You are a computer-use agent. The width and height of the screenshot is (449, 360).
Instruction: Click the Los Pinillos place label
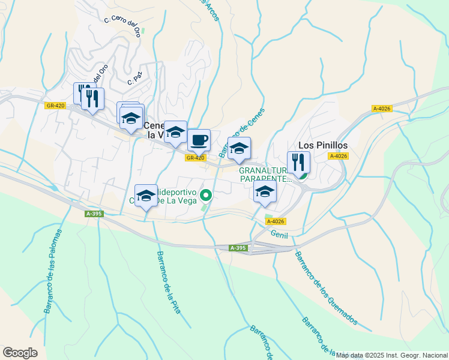323,145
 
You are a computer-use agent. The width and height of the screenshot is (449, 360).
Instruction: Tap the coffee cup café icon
199,140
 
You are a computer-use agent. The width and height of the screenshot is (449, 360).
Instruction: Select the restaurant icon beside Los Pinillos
298,162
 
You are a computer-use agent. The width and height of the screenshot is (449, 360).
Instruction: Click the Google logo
20,353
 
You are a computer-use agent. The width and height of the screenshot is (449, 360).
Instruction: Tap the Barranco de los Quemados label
325,286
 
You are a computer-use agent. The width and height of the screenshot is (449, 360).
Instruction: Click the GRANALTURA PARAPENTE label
265,174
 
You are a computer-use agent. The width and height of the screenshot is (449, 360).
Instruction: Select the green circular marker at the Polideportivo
206,194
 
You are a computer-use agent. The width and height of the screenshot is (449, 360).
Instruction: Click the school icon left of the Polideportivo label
146,196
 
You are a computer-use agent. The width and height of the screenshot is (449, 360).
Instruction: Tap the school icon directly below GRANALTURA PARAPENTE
264,192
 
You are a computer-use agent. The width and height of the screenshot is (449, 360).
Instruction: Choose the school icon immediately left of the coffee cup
176,132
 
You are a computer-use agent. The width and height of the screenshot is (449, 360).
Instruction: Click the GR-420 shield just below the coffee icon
195,158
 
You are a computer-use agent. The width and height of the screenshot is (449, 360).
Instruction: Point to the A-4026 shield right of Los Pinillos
338,156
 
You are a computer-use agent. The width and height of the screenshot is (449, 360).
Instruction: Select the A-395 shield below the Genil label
238,248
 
